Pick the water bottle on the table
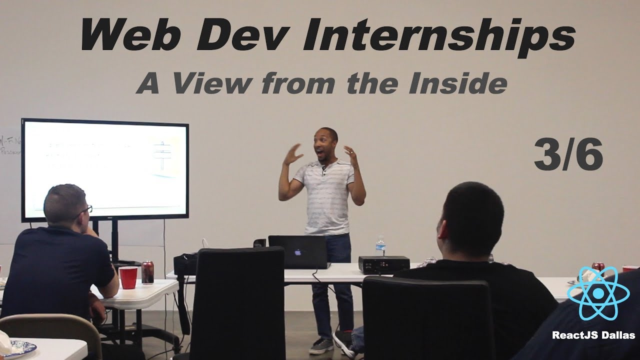pos(380,246)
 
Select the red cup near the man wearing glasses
pos(128,277)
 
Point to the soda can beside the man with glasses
pos(147,272)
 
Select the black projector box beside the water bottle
pos(384,264)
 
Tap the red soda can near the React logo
pos(598,267)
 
